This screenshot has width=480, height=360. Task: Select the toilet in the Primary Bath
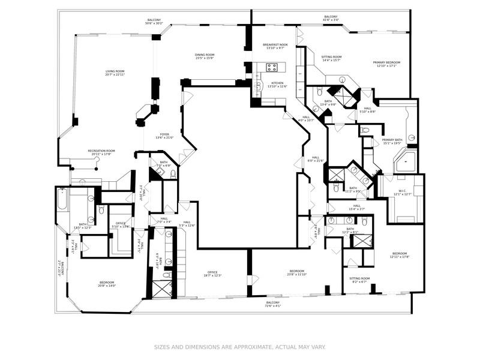tap(365, 130)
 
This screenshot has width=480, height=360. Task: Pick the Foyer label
tap(164, 135)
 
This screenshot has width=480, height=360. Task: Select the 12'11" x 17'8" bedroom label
tap(400, 255)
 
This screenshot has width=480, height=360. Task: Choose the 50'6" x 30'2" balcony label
tap(154, 22)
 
